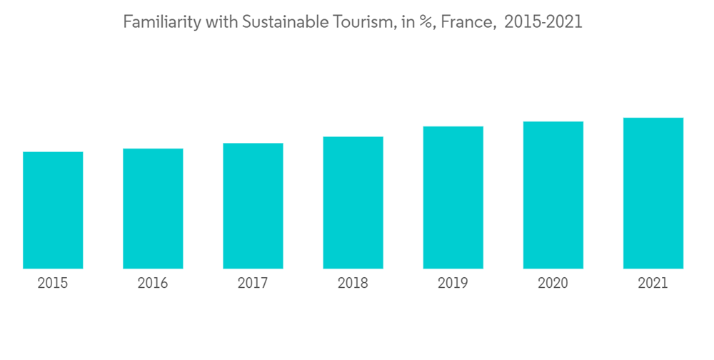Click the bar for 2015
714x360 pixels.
53,210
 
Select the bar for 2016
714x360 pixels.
153,209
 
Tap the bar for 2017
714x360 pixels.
253,206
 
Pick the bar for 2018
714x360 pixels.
353,202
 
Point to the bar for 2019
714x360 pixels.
453,197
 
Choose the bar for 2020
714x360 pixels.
553,195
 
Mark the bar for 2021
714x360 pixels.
653,193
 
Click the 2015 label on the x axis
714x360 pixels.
53,284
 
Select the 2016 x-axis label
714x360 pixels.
153,284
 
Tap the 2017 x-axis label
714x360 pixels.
253,284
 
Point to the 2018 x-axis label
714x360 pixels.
353,284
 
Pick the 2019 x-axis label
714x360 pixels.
453,284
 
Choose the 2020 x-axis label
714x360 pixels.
553,284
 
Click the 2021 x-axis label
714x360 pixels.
653,284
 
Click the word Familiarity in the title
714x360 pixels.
162,23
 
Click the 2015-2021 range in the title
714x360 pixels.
543,23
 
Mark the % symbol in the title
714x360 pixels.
426,23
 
